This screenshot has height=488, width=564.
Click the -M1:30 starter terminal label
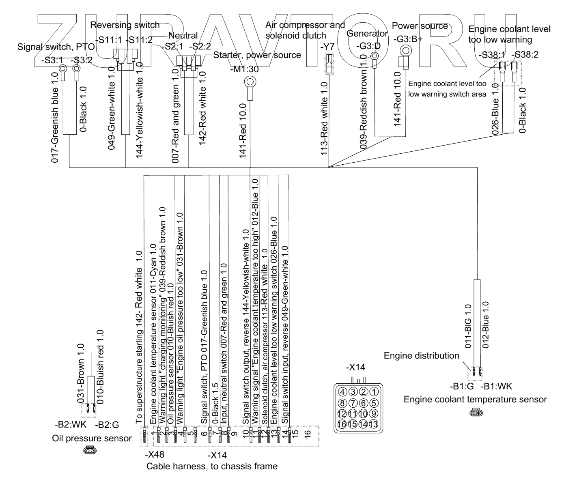(x=245, y=69)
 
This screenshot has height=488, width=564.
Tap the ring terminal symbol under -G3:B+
(x=405, y=51)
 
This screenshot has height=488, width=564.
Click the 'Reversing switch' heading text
(x=125, y=25)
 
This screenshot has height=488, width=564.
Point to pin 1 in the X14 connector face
(x=374, y=392)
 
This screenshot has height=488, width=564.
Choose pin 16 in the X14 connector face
(x=342, y=424)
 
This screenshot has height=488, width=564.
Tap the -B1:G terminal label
(x=462, y=387)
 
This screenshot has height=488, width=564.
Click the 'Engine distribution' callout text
(x=422, y=356)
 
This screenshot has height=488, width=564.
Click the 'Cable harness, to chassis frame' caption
(x=212, y=467)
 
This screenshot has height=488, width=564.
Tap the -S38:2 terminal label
(x=525, y=54)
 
